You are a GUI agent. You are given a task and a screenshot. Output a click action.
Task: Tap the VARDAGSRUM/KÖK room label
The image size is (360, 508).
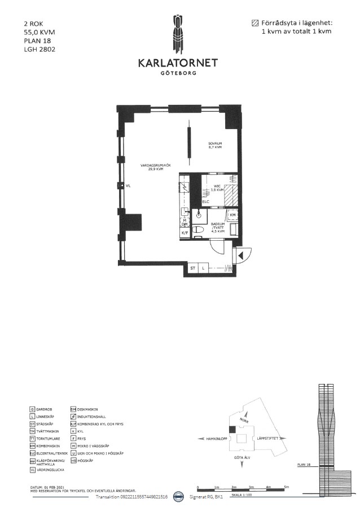[x=156, y=167]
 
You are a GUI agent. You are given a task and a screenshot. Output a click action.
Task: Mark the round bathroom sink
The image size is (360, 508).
[x=199, y=214]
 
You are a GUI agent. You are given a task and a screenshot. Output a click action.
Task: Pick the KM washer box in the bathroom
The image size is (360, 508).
[x=232, y=215]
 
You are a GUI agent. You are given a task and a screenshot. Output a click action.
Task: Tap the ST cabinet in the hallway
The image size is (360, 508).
[x=192, y=268]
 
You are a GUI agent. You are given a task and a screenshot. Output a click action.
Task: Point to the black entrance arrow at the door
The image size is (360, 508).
[x=240, y=256]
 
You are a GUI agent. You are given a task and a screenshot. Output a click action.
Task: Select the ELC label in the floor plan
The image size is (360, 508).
[x=206, y=201]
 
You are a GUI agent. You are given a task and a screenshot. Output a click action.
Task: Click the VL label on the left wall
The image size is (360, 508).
[x=128, y=185]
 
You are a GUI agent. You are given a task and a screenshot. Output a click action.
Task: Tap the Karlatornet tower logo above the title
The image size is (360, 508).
[x=178, y=34]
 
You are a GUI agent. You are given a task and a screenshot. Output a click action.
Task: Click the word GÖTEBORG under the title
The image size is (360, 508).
[x=178, y=73]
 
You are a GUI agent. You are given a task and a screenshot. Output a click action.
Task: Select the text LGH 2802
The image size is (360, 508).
[x=39, y=49]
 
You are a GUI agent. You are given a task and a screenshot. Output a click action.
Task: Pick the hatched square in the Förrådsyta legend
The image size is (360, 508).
[x=254, y=23]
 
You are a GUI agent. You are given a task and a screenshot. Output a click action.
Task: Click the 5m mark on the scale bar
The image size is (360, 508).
[x=286, y=485]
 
